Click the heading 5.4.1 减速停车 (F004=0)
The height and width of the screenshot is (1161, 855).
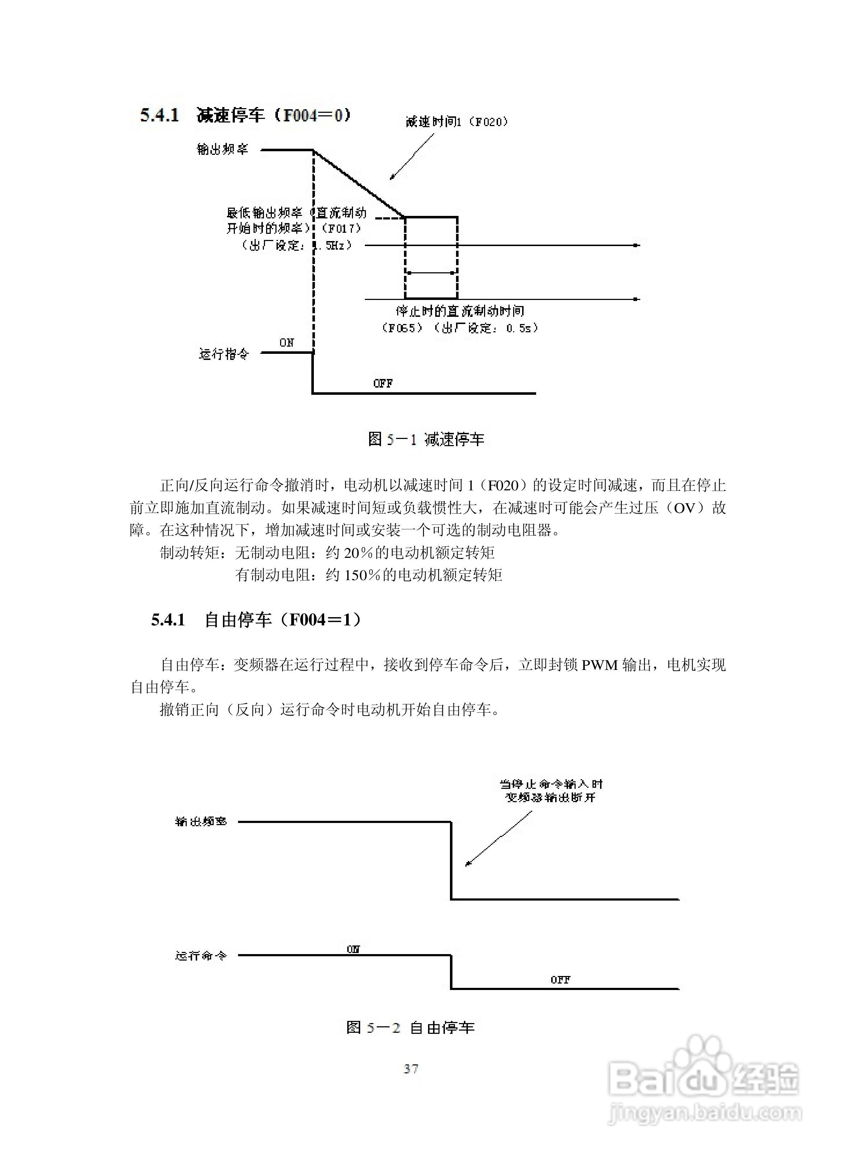(245, 115)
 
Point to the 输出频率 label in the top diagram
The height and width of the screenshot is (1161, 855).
(223, 149)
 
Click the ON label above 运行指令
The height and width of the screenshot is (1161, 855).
(287, 343)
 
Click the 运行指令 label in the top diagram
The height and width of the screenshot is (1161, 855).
(224, 354)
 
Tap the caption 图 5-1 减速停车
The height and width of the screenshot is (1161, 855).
(426, 439)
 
